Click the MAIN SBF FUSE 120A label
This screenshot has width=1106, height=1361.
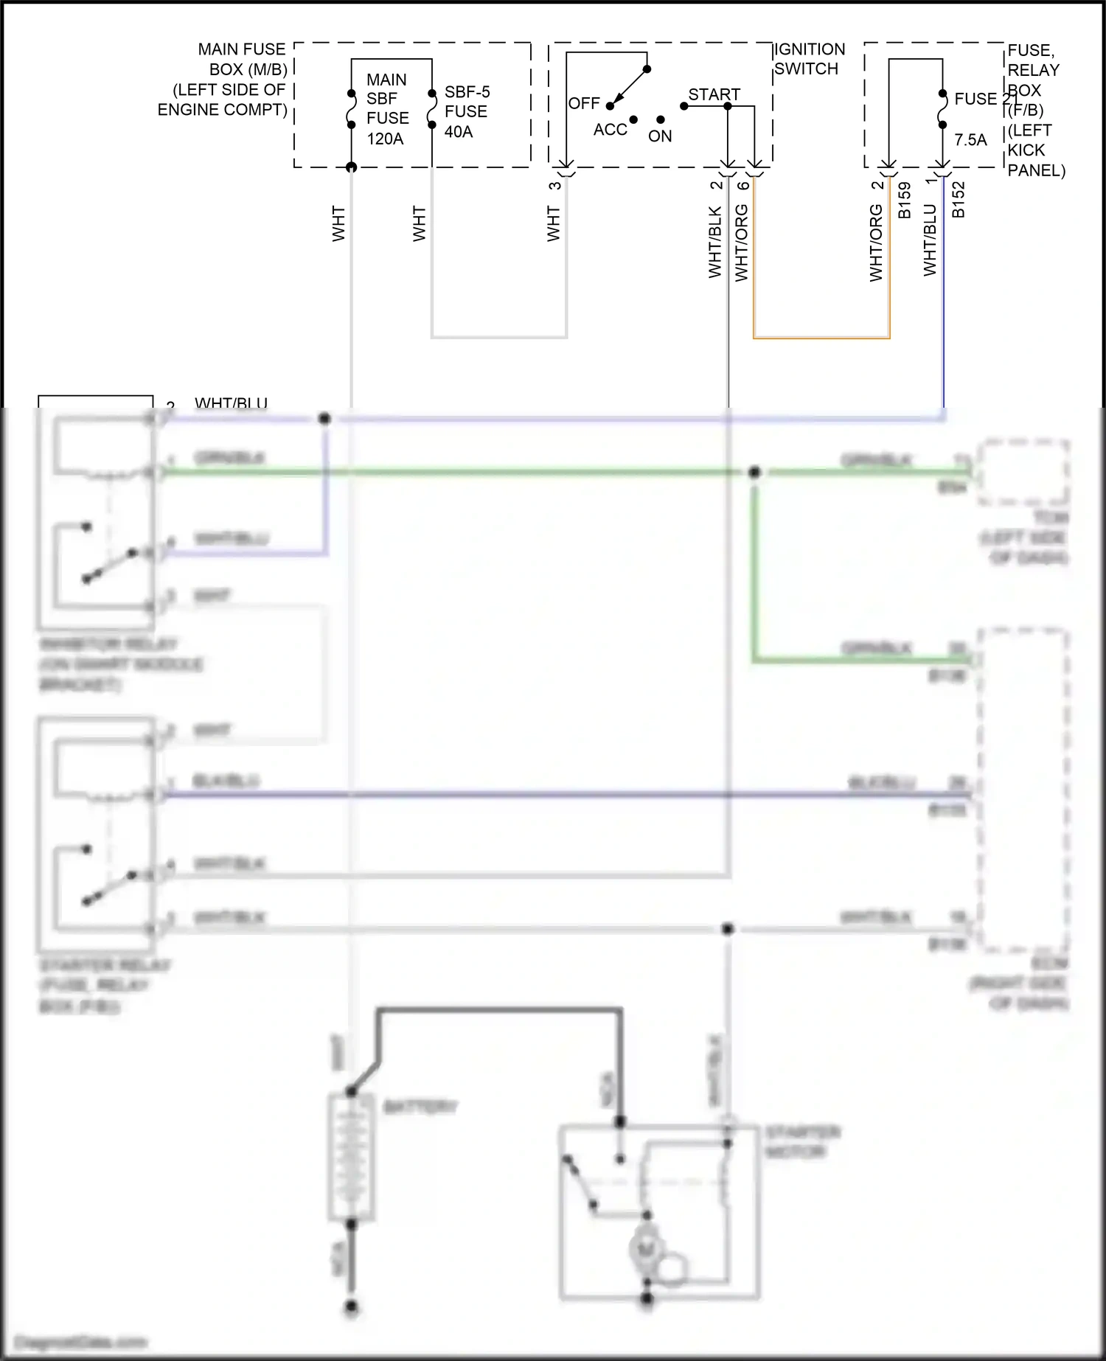pos(387,109)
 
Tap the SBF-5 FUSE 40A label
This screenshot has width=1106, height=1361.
pos(466,112)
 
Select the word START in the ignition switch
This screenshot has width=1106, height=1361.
pos(714,94)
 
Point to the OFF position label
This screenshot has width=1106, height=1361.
pos(584,103)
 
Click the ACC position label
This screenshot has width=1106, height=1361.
pos(610,130)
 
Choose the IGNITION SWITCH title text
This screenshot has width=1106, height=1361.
pos(809,59)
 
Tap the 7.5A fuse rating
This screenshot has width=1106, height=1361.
pos(970,140)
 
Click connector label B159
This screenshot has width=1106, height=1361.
pos(904,200)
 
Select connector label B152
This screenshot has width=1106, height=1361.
pos(958,200)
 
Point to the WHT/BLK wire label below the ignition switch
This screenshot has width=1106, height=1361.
pos(714,242)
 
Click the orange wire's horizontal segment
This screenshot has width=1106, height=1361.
pos(821,338)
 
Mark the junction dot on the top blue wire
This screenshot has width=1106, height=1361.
pos(324,419)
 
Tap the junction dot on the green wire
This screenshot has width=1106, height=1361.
pos(754,472)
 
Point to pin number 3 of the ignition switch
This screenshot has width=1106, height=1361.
pos(554,185)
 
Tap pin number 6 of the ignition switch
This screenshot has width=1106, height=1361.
pos(743,185)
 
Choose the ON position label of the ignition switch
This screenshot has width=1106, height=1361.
pos(660,136)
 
